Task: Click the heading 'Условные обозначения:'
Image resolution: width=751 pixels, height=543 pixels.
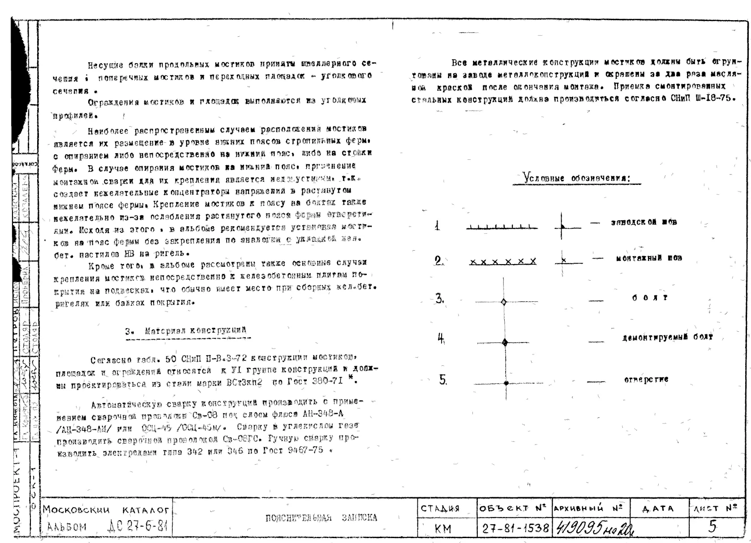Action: click(577, 178)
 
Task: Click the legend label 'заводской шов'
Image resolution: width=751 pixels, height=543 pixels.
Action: click(644, 222)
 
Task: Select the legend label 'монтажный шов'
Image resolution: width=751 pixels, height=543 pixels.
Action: click(648, 258)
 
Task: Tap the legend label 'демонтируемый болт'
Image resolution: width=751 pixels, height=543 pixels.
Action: click(667, 337)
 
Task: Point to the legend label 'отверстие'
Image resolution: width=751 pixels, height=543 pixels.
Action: click(646, 380)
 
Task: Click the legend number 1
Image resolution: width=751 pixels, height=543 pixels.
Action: click(438, 226)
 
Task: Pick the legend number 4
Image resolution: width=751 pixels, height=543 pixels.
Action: click(441, 339)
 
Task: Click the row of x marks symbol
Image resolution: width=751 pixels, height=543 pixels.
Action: click(502, 261)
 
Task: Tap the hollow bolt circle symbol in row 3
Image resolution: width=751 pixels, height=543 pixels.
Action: click(504, 302)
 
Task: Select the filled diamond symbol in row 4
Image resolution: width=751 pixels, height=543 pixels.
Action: click(505, 343)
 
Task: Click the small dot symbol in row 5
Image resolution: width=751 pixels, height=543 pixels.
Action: click(506, 383)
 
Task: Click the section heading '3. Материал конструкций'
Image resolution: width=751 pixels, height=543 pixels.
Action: click(186, 331)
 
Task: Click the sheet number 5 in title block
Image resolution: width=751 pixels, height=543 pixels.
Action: click(712, 526)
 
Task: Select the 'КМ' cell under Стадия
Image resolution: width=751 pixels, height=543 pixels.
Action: click(443, 529)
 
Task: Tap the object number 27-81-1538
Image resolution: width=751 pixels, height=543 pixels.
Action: click(515, 529)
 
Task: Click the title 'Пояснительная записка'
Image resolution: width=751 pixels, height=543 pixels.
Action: click(321, 518)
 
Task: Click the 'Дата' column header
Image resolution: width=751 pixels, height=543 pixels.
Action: click(658, 509)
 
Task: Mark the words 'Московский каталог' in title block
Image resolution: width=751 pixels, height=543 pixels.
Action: click(106, 510)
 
